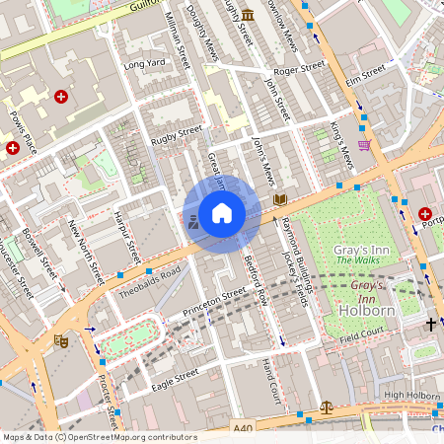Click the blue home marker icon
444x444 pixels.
click(222, 212)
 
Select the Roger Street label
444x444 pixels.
click(298, 70)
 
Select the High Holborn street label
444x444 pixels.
click(410, 396)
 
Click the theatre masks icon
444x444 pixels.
click(60, 340)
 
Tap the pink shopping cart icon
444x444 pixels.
click(364, 144)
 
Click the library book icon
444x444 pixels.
click(280, 199)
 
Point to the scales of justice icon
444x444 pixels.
click(327, 406)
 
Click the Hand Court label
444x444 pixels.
click(271, 380)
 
